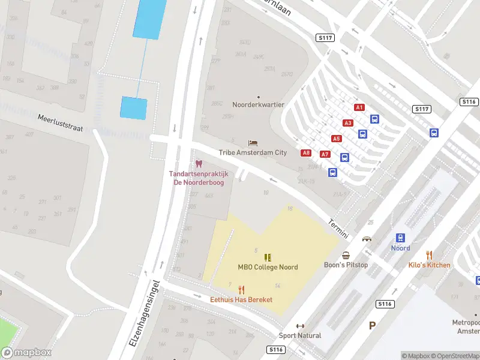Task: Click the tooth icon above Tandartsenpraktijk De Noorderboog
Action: [x=199, y=164]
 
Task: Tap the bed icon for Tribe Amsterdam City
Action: [x=253, y=143]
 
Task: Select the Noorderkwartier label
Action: [x=259, y=104]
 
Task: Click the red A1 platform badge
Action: [x=359, y=107]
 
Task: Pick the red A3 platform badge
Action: [x=348, y=123]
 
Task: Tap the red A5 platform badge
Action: [x=336, y=139]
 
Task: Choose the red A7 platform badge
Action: [x=325, y=154]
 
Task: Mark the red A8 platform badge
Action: [x=306, y=153]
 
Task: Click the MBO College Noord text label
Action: [x=268, y=267]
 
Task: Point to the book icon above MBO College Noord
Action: [x=268, y=257]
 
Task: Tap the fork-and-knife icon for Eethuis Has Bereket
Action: [x=241, y=289]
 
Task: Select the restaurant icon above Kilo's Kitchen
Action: [x=429, y=255]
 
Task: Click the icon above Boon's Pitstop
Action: [x=346, y=255]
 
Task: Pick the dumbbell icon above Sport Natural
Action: [x=300, y=326]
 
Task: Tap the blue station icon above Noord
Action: [x=400, y=238]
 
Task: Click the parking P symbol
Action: [x=372, y=326]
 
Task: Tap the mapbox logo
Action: [x=26, y=353]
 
